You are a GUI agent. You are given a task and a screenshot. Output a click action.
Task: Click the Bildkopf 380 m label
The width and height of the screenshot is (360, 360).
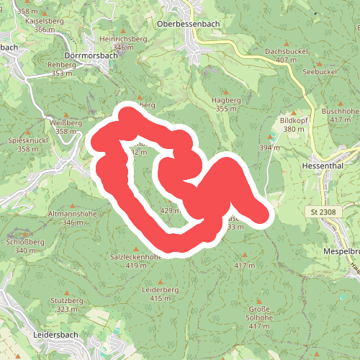[294, 125]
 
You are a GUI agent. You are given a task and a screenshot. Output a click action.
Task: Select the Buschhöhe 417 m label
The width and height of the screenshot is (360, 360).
[340, 115]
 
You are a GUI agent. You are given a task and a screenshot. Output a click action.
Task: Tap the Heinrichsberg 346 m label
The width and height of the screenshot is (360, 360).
[124, 42]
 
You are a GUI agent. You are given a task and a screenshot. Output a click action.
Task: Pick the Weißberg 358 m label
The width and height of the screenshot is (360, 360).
[66, 127]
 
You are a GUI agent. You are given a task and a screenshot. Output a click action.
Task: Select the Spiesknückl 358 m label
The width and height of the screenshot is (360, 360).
[28, 144]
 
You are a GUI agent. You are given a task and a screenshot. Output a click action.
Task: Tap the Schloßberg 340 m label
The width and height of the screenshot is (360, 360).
[25, 246]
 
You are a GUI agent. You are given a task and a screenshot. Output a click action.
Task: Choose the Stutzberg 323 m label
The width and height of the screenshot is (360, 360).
[68, 304]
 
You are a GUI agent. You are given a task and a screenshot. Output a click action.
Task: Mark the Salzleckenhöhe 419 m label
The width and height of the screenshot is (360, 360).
[135, 261]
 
